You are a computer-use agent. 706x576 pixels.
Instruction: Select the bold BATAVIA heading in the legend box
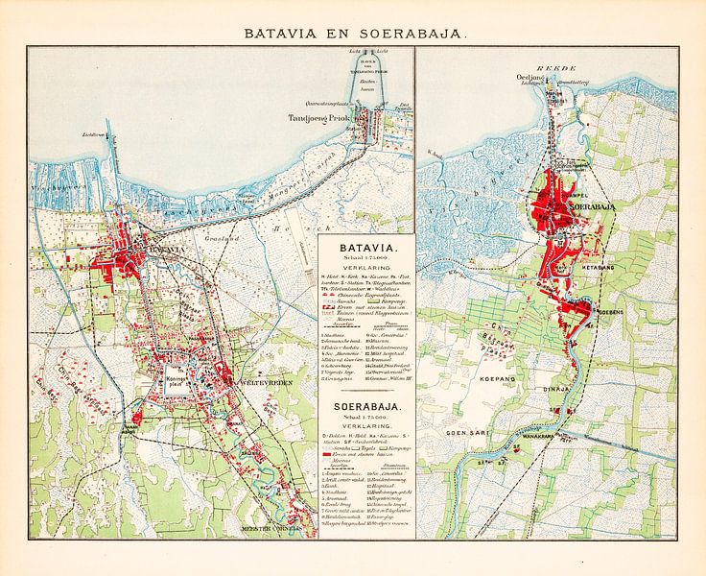pos(365,247)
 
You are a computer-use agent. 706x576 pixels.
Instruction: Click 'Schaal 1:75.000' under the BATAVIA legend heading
pos(365,259)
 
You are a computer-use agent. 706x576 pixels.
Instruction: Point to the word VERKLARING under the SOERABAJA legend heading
pos(365,430)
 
